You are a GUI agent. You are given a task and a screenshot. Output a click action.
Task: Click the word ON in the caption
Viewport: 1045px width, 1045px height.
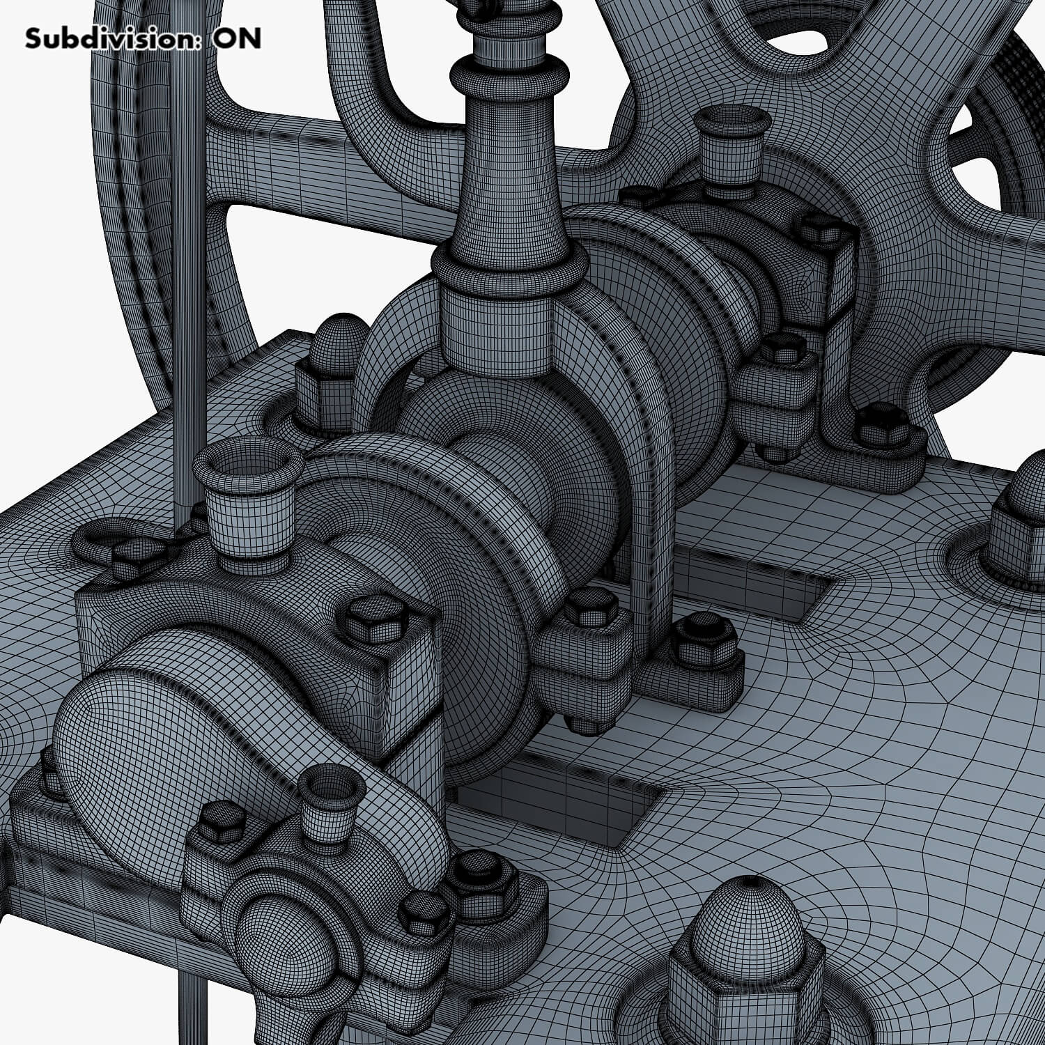click(238, 38)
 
